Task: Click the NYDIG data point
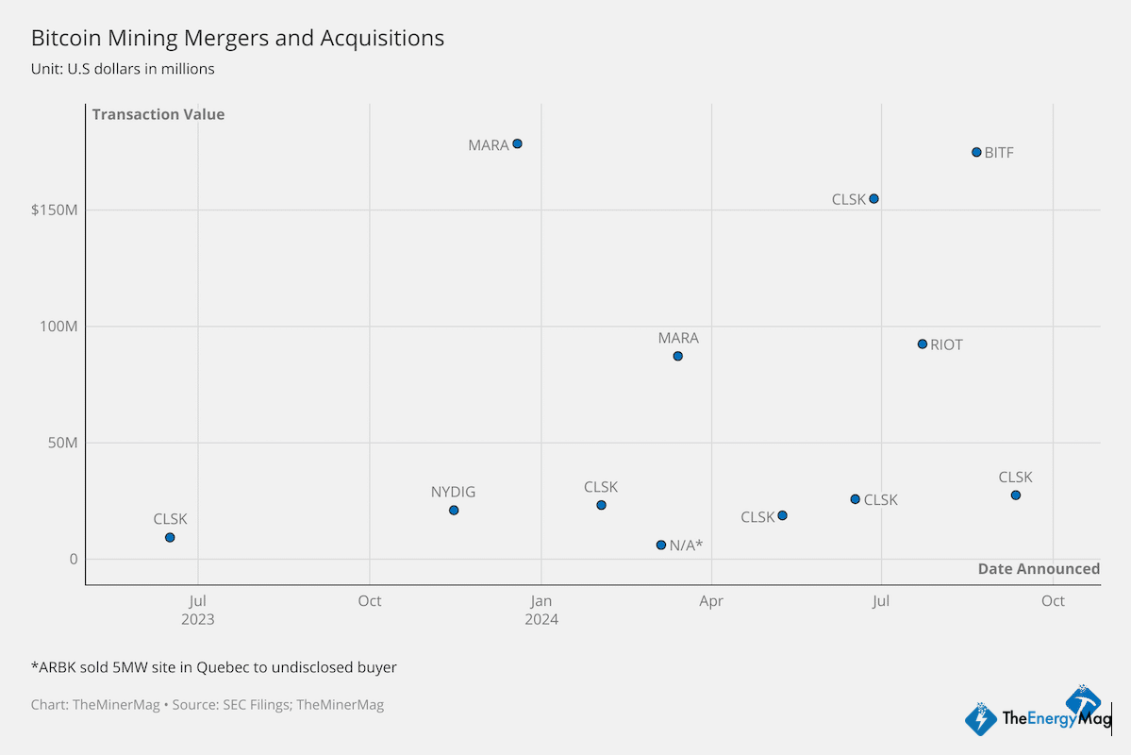click(x=454, y=511)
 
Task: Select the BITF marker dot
click(x=976, y=152)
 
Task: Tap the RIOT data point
click(x=923, y=344)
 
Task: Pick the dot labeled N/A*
click(x=661, y=545)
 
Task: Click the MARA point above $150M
click(x=517, y=144)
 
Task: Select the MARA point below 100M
click(x=677, y=356)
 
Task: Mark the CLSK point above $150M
click(x=873, y=198)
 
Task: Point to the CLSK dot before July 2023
click(x=170, y=537)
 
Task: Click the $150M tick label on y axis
click(x=54, y=210)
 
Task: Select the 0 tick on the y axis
click(x=72, y=559)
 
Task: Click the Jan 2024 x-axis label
click(x=541, y=610)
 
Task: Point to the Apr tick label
click(x=711, y=601)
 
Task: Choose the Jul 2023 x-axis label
click(x=198, y=610)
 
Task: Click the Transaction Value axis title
click(x=158, y=114)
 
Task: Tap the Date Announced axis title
click(x=1039, y=568)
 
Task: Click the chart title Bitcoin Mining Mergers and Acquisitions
click(x=238, y=38)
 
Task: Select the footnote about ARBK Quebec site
click(x=214, y=667)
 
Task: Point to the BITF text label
click(x=999, y=153)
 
